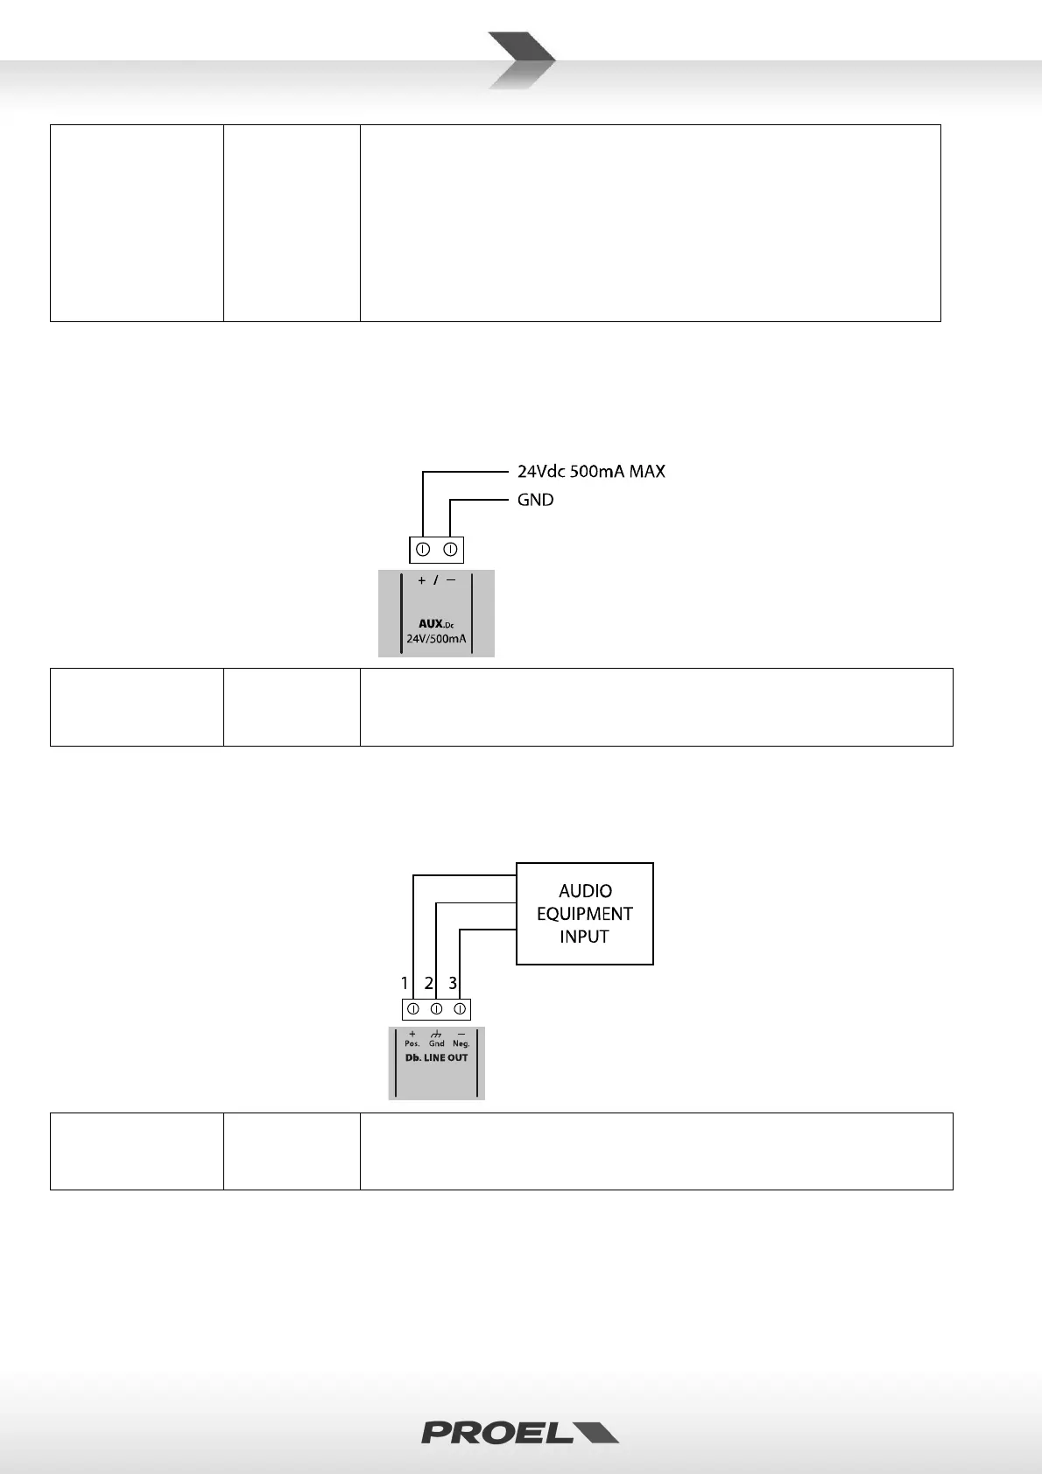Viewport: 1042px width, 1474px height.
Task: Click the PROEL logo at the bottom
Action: pos(520,1432)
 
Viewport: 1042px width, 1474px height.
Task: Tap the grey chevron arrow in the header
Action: pos(522,60)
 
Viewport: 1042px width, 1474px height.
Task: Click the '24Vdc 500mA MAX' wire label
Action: pos(591,472)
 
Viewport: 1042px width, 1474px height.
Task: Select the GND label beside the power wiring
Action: pos(535,500)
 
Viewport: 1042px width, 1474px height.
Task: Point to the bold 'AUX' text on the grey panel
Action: pos(431,624)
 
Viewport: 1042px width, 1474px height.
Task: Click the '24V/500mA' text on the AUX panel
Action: pos(436,639)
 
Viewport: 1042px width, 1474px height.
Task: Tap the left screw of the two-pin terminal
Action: pos(422,550)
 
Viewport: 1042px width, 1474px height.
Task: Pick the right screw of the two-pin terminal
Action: pos(450,550)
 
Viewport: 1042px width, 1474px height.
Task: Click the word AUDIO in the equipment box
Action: pos(585,891)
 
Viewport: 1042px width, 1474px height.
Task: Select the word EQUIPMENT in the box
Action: pos(585,914)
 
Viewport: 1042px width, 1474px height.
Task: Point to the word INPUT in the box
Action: pos(585,937)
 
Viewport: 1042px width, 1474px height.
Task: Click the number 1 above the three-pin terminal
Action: pos(405,983)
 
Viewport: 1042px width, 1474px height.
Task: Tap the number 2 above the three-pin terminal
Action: pos(429,983)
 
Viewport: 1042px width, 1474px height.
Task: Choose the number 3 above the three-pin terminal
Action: pos(453,983)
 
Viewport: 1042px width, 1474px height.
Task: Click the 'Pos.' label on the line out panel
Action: pos(412,1043)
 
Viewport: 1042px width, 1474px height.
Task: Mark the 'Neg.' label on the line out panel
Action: pos(461,1043)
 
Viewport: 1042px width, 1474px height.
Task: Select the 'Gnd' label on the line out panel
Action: pos(436,1043)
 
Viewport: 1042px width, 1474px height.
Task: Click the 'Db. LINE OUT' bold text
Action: pos(436,1057)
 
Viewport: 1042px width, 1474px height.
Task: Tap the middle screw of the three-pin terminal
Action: pos(436,1009)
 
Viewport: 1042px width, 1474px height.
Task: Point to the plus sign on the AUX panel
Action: pos(421,580)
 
